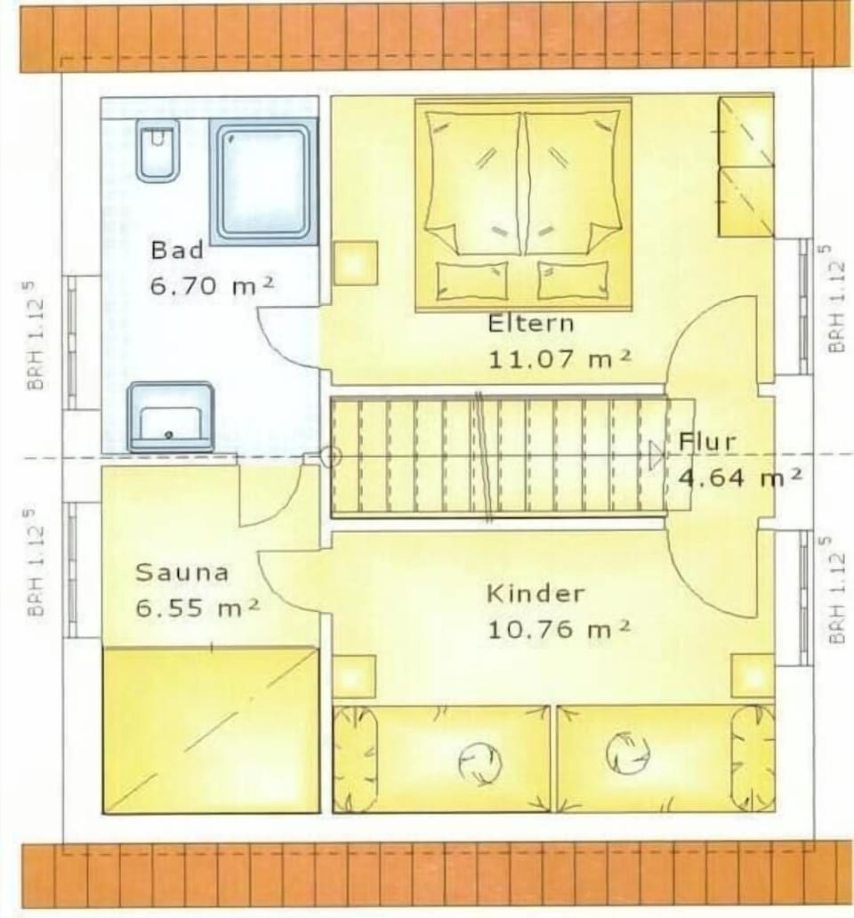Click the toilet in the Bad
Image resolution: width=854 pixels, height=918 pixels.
[157, 149]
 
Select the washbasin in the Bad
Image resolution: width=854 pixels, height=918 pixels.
[170, 416]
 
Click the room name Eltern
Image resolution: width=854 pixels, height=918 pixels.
[531, 324]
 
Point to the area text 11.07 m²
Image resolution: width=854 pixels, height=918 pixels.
[560, 358]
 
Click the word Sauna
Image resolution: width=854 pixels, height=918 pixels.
[181, 572]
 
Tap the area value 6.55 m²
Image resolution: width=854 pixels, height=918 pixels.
[197, 608]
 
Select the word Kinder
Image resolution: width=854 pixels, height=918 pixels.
[536, 593]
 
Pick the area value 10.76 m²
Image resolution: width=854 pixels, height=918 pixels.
[559, 630]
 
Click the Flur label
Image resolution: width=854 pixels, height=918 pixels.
[707, 441]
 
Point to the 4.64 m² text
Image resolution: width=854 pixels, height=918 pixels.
[740, 477]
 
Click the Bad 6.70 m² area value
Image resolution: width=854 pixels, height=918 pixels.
[212, 286]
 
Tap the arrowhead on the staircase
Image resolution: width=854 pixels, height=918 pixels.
[657, 455]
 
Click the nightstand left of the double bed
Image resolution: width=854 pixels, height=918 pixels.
[356, 263]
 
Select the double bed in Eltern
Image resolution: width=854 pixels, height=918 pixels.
[523, 205]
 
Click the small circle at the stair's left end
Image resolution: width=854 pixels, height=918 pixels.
[331, 456]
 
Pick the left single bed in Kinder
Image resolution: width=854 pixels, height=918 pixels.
[441, 759]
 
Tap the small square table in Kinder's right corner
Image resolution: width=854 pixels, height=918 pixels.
[753, 676]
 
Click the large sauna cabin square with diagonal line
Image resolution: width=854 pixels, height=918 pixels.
[211, 729]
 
